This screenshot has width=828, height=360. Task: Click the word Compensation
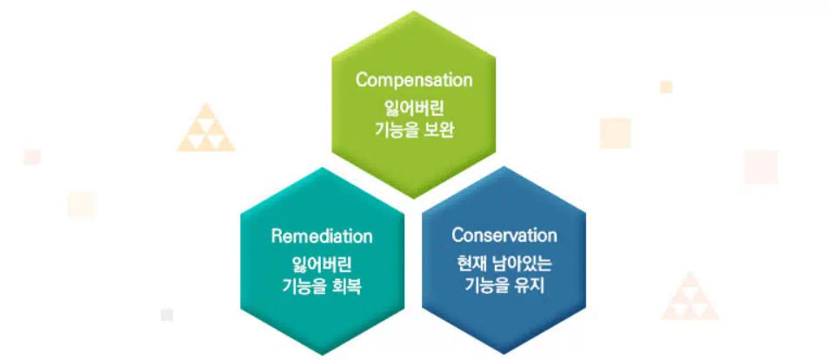point(414,80)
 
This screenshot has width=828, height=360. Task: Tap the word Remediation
point(322,237)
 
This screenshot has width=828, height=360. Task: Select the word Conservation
point(504,236)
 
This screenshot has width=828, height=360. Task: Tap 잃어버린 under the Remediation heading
point(322,263)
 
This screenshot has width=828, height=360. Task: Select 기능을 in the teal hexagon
point(301,287)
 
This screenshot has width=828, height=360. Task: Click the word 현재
point(471,262)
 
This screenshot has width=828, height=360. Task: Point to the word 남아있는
point(521,262)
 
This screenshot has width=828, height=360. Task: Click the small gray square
point(167,315)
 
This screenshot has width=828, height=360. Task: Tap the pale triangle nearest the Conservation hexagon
point(690,298)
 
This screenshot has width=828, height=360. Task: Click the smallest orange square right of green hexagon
point(666,87)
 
